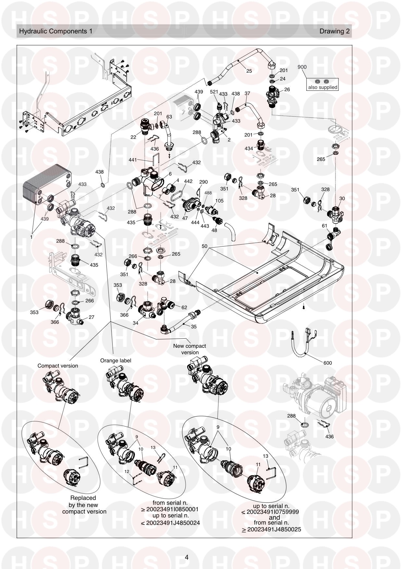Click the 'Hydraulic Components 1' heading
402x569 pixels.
pos(55,31)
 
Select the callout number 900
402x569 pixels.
pos(302,67)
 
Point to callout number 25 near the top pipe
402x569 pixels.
pos(249,71)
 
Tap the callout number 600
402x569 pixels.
pos(328,363)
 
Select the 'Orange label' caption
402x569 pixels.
pos(116,360)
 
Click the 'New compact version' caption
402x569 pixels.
pos(189,349)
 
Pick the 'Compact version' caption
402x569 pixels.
pos(58,366)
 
